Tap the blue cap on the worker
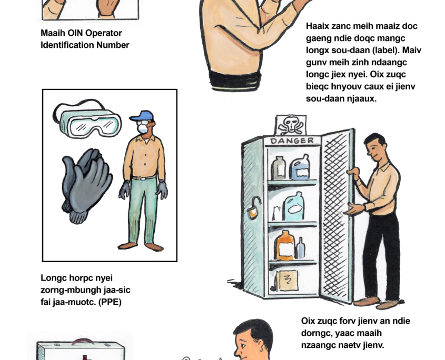142,116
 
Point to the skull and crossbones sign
290,125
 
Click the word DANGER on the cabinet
292,141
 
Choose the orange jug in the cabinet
285,246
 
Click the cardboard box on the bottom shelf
287,281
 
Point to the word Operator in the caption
104,33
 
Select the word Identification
67,45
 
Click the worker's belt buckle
144,178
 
